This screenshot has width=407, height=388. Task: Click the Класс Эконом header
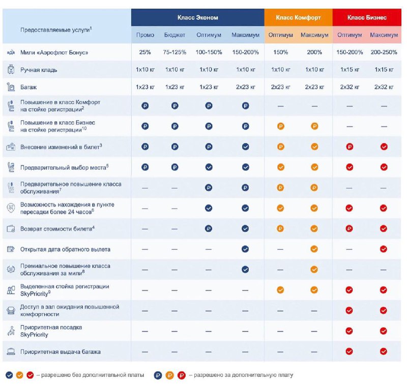(x=197, y=17)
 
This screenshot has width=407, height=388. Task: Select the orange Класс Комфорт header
(x=298, y=17)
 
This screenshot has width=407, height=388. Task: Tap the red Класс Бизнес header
(x=367, y=17)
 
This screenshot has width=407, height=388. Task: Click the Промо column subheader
(x=146, y=35)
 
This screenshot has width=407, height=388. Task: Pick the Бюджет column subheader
(x=175, y=35)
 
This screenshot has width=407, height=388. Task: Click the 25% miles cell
(x=146, y=53)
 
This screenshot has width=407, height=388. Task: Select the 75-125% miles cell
(x=175, y=53)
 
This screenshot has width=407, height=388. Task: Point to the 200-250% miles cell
(x=384, y=53)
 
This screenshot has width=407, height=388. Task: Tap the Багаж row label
(x=28, y=87)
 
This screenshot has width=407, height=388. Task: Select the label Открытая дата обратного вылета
(x=65, y=249)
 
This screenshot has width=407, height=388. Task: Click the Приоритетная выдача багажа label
(x=60, y=352)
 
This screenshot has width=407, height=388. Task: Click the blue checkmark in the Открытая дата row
(x=245, y=249)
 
